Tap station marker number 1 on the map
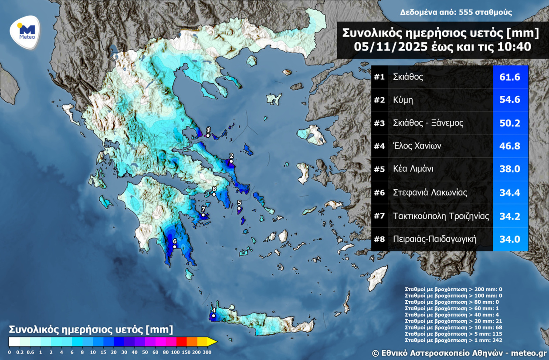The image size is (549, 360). (x=208, y=136)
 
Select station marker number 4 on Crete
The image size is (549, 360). (x=213, y=316)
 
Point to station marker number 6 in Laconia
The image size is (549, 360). (x=174, y=247)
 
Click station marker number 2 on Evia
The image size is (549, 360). (x=231, y=162)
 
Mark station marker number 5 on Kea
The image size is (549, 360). (x=239, y=209)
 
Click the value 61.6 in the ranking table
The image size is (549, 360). (x=510, y=77)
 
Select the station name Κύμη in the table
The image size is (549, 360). (x=403, y=100)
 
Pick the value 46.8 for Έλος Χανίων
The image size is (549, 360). (x=510, y=146)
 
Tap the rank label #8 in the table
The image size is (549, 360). (x=380, y=239)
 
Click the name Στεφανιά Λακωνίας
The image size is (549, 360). (x=430, y=192)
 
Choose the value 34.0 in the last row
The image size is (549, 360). (x=510, y=239)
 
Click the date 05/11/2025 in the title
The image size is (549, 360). (x=382, y=47)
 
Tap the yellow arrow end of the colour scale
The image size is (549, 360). (x=212, y=341)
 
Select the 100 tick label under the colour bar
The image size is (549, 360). (x=175, y=352)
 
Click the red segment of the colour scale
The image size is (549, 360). (x=181, y=341)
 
